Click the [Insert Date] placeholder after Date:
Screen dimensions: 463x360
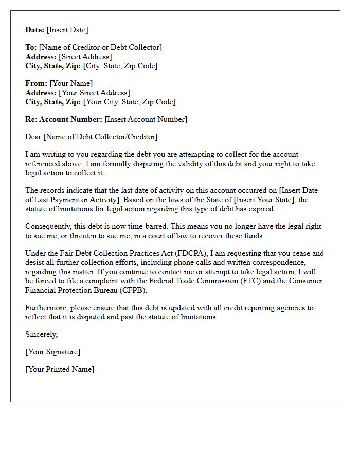pos(67,30)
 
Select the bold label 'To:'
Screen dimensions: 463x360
pos(31,47)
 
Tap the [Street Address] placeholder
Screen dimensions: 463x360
pos(85,57)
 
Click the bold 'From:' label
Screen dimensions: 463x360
pos(37,83)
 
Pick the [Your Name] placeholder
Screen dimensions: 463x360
pos(71,83)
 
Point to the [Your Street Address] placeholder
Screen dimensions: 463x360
pos(95,93)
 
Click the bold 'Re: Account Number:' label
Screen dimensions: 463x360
pos(64,119)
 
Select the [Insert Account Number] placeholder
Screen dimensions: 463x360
pos(146,119)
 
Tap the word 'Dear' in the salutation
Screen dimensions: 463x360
pos(33,137)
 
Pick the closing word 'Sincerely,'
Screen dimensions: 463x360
pos(42,334)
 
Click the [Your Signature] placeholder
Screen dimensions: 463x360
pos(53,352)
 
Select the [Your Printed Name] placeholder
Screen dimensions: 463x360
pos(60,369)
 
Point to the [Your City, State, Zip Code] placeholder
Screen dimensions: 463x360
pos(130,102)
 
